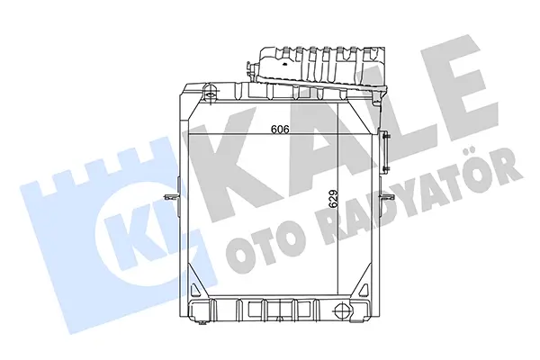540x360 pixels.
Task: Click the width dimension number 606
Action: tap(279, 130)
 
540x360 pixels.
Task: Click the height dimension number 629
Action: tap(333, 199)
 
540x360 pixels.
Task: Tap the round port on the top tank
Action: tap(210, 91)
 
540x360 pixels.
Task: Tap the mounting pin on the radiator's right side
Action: tap(386, 197)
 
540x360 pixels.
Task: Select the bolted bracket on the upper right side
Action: tap(386, 151)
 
